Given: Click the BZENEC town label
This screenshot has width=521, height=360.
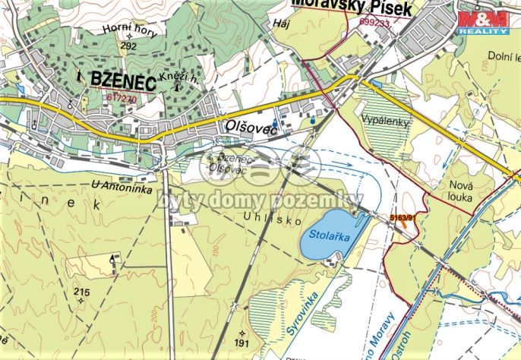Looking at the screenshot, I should click(x=122, y=80).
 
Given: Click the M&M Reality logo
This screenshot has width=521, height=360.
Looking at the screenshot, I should click(x=482, y=22).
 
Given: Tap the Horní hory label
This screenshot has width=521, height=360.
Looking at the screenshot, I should click(x=130, y=30).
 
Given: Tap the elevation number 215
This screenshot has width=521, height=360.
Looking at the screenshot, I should click(x=82, y=292).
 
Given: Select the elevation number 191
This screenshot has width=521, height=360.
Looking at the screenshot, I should click(x=242, y=344).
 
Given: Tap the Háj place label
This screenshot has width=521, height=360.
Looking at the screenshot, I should click(x=279, y=24).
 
